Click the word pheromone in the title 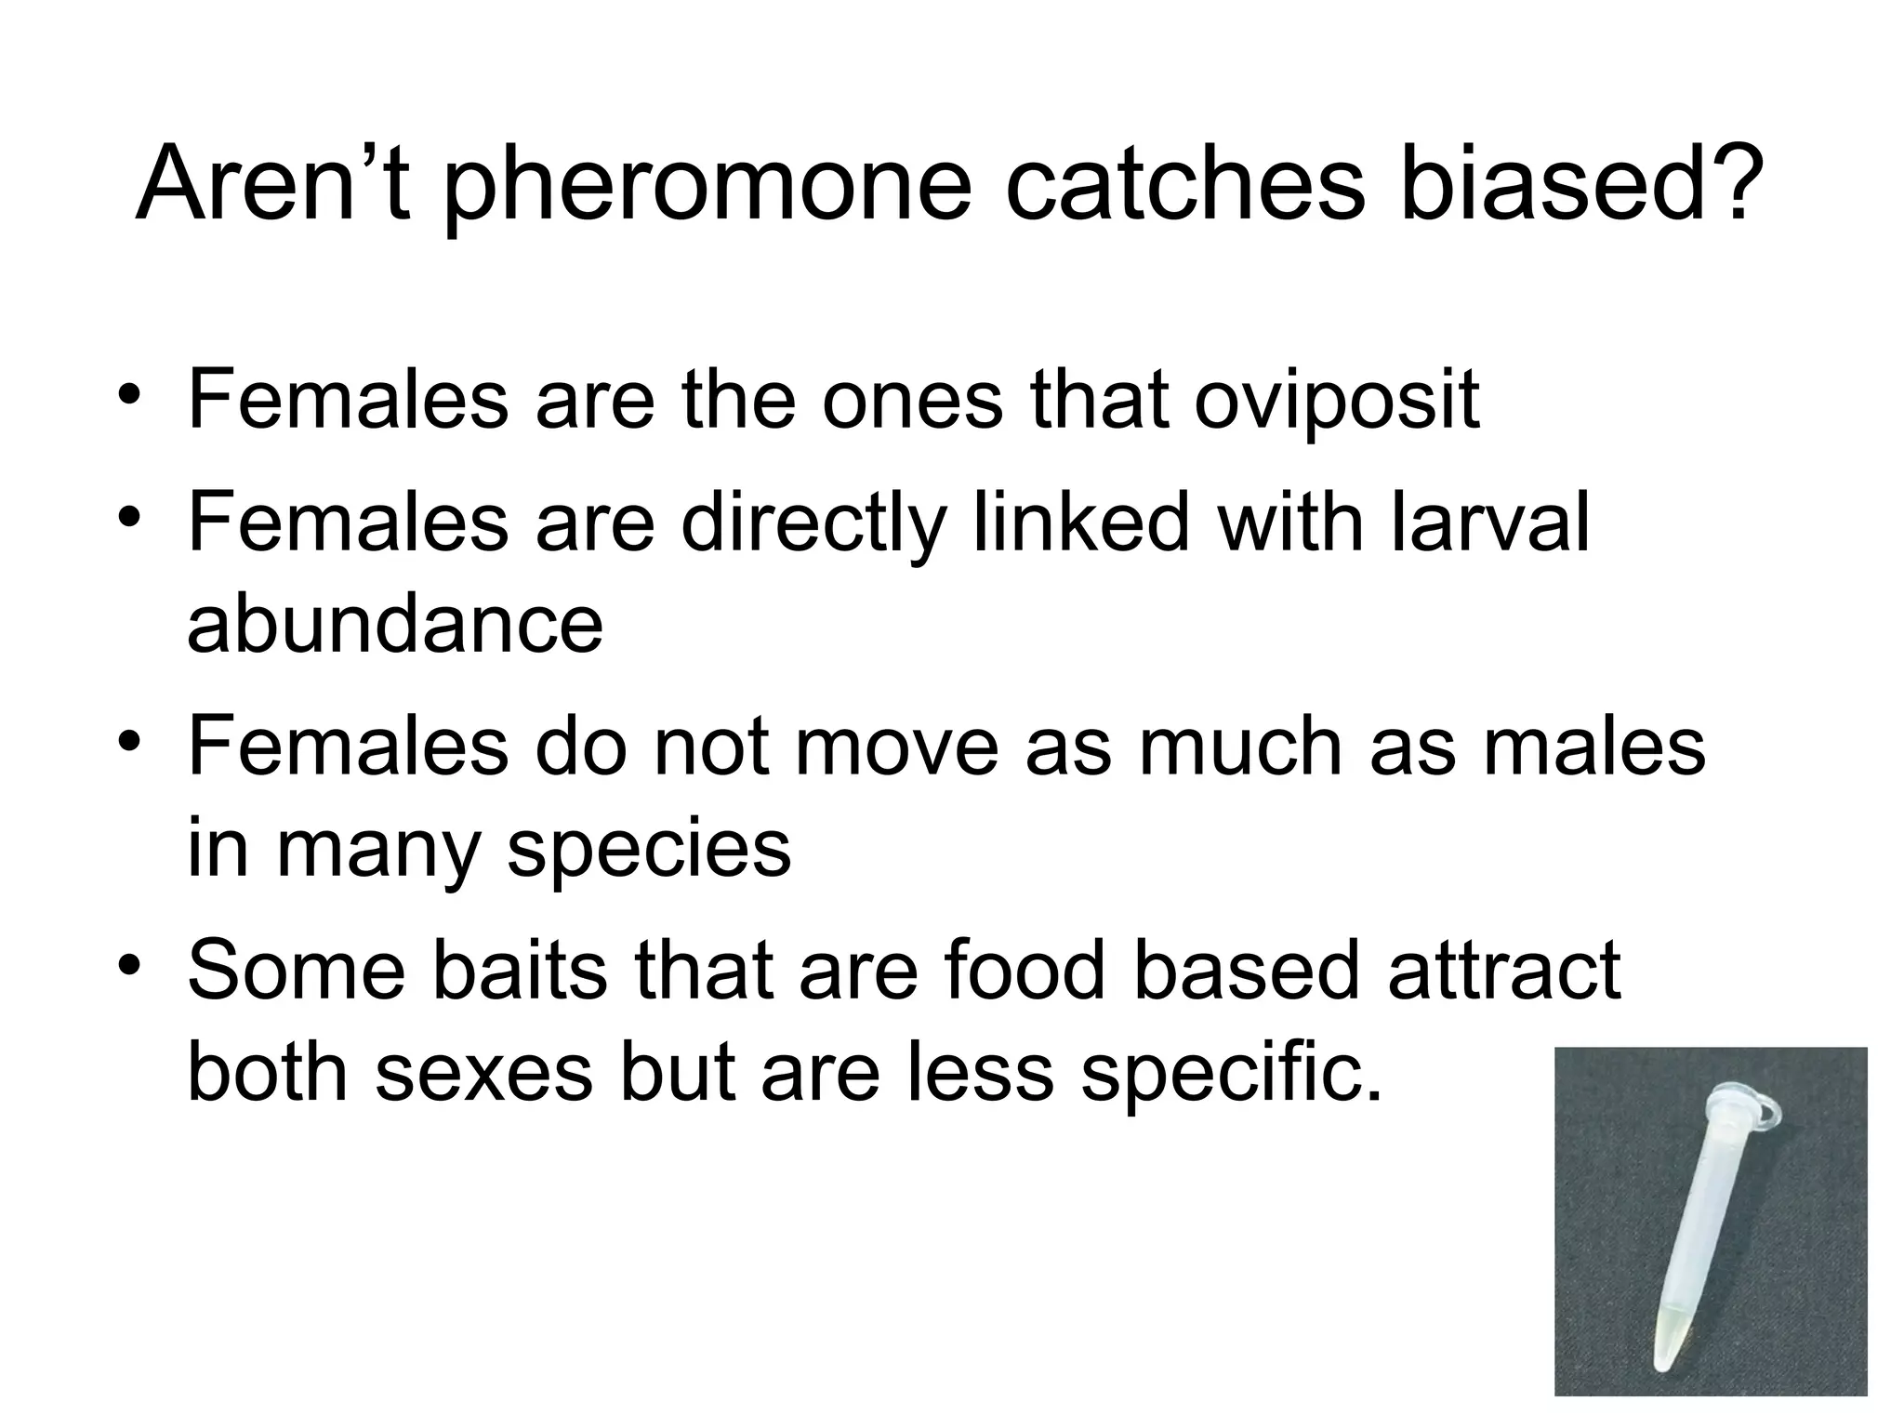click(707, 186)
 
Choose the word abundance click(395, 622)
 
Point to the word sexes click(483, 1071)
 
